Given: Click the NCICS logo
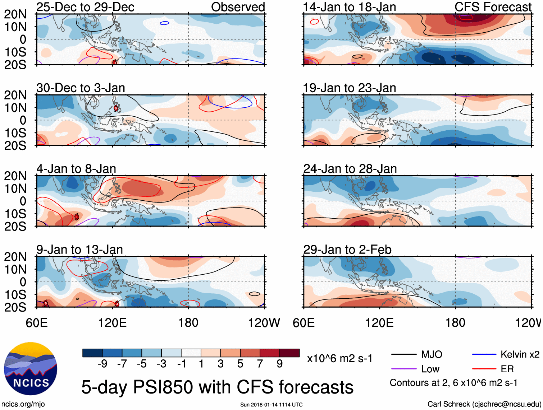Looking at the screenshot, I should (x=31, y=368).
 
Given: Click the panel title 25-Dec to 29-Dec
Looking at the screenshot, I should (x=85, y=7).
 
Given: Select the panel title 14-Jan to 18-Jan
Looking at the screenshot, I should (x=350, y=7).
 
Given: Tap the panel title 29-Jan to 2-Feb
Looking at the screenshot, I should (x=347, y=250).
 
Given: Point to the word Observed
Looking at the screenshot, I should (x=238, y=7).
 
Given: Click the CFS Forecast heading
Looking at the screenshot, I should (x=493, y=7).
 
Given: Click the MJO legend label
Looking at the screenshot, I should (x=432, y=355).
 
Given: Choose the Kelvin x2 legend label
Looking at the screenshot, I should (x=520, y=355).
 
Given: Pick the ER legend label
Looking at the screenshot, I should (x=507, y=369).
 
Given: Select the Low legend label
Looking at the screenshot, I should (x=430, y=369).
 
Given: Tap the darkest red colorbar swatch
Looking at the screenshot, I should (x=289, y=353).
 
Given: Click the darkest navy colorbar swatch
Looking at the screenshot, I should (x=92, y=353).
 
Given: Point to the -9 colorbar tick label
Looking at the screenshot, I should (x=102, y=364).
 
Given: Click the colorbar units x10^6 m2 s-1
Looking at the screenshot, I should (x=339, y=359).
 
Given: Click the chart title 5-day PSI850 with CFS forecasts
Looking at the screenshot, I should (x=217, y=387).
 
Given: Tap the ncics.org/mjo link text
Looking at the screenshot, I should (x=23, y=404).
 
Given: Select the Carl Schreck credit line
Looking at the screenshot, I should (x=484, y=404).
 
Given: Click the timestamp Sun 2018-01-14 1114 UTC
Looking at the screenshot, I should (x=271, y=405).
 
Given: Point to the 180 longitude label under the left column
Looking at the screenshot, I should (x=188, y=323).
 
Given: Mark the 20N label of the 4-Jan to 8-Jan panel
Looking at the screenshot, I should (x=15, y=176).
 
